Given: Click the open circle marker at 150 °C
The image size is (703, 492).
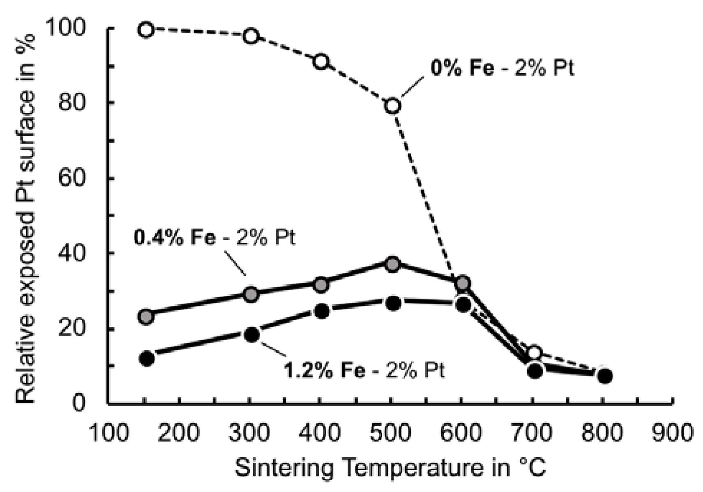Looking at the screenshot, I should coord(146,30).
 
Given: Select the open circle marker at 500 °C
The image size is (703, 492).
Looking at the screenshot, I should coord(393,106).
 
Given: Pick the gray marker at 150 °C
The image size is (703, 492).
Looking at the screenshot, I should coord(146,316).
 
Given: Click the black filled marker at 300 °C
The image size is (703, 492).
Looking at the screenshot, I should coord(252,335).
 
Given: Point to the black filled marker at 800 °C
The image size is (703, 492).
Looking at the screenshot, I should coord(605,376).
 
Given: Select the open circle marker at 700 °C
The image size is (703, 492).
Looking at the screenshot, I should coord(535,353).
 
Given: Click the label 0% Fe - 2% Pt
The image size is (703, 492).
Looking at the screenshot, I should coord(502,68).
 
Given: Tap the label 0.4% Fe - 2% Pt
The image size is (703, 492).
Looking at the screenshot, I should coord(214,237).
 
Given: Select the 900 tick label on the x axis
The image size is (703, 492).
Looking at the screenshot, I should coord(671,432).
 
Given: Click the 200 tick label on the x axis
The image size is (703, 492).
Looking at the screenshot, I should coord(178,432).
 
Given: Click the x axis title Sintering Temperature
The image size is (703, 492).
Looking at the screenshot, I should coord(390,468).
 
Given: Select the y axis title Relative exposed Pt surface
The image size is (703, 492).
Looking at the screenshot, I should coord(26,218).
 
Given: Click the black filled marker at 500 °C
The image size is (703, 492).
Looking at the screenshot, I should coord(393,303).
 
